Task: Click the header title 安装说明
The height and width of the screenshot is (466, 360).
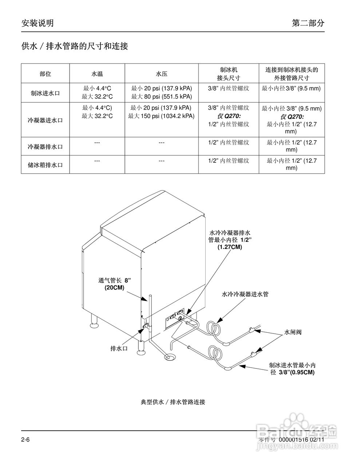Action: click(x=37, y=23)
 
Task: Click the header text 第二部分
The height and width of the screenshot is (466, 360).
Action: click(x=308, y=23)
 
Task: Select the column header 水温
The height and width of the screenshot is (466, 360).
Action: click(x=97, y=74)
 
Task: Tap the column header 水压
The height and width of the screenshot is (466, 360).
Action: click(x=162, y=74)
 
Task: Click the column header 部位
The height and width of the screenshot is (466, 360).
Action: click(x=45, y=74)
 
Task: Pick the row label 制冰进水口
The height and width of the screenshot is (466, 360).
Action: click(x=45, y=93)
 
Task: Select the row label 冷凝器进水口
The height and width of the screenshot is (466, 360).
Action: click(x=45, y=120)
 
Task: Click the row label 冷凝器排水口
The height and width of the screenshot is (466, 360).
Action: click(x=45, y=147)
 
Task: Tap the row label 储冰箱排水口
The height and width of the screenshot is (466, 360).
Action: click(x=45, y=165)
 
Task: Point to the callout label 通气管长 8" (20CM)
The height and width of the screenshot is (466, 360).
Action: click(x=114, y=284)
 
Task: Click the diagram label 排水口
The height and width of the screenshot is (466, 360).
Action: click(x=119, y=348)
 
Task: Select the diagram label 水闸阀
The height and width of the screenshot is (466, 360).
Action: click(x=293, y=332)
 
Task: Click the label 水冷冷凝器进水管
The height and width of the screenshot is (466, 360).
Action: click(x=245, y=294)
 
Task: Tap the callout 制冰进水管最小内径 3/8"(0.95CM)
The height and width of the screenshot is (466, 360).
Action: click(x=292, y=368)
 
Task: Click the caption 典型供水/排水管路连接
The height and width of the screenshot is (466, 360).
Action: click(x=173, y=402)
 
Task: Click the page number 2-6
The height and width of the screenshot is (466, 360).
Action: click(x=25, y=439)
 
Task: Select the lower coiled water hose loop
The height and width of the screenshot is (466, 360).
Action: click(x=215, y=353)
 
